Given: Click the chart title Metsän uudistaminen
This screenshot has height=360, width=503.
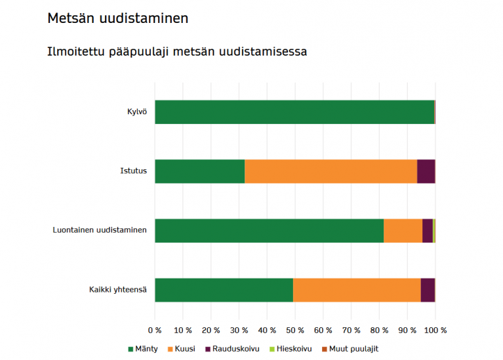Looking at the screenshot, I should coord(117,18).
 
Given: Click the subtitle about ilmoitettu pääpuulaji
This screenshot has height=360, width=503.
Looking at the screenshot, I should coord(176,51).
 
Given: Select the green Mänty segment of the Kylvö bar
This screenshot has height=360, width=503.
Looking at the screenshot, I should coord(294,112).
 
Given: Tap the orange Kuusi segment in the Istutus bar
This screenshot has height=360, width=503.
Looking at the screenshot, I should coord(331,171).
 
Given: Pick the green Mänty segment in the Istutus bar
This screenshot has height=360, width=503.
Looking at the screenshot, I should coord(199,171).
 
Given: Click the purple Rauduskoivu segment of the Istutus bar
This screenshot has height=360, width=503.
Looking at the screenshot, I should coord(426,171).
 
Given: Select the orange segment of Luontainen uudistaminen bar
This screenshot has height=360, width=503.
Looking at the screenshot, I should coord(403,231).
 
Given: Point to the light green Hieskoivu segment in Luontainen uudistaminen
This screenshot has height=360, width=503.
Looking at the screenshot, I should coord(433,231).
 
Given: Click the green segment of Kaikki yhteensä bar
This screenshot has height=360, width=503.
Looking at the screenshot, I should coord(224,290).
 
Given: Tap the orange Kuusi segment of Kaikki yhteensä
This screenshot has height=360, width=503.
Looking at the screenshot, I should coord(357,290).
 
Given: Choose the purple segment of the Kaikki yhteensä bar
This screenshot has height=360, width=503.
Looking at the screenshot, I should coord(427,290).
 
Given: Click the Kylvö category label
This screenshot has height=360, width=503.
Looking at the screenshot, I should coord(136,112).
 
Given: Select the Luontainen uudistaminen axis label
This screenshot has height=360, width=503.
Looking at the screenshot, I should coord(100,231).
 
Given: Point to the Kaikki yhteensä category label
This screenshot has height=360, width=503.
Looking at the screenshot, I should coord(118,290).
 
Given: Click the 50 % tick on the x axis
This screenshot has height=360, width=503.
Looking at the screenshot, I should coord(294,330).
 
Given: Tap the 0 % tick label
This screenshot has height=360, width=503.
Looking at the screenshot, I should coord(155,330).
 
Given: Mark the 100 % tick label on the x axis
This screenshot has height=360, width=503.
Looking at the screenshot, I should coord(435,330).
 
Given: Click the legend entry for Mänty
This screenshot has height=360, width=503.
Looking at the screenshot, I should coord(142,349).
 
